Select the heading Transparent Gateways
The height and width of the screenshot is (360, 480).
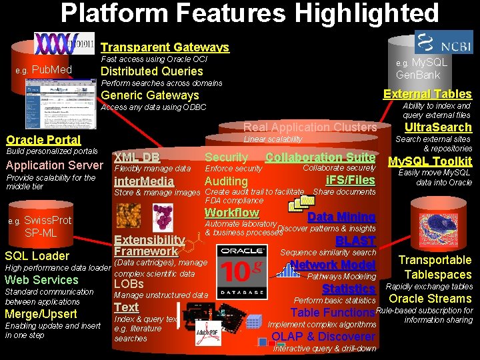pos(165,47)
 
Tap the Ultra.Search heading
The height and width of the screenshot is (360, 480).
pos(438,127)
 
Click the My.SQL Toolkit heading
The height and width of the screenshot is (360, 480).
pos(430,161)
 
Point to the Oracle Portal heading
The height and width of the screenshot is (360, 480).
pos(43,140)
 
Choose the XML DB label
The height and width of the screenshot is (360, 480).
pos(137,157)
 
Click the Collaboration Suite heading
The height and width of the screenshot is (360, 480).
pos(320,157)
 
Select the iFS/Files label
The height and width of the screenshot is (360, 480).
pos(351,180)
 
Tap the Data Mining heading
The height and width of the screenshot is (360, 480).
pos(341,217)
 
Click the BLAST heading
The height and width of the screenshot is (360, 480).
pos(355,241)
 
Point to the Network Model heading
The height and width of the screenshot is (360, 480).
pos(333,265)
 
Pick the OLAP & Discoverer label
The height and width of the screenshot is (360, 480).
pos(323,337)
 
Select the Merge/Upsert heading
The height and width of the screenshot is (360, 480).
pos(41,314)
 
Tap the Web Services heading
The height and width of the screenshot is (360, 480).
pos(41,280)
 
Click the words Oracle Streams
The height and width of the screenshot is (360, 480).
pos(430,299)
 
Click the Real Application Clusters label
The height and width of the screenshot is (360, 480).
pos(310,127)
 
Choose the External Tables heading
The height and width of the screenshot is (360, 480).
pos(427,94)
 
